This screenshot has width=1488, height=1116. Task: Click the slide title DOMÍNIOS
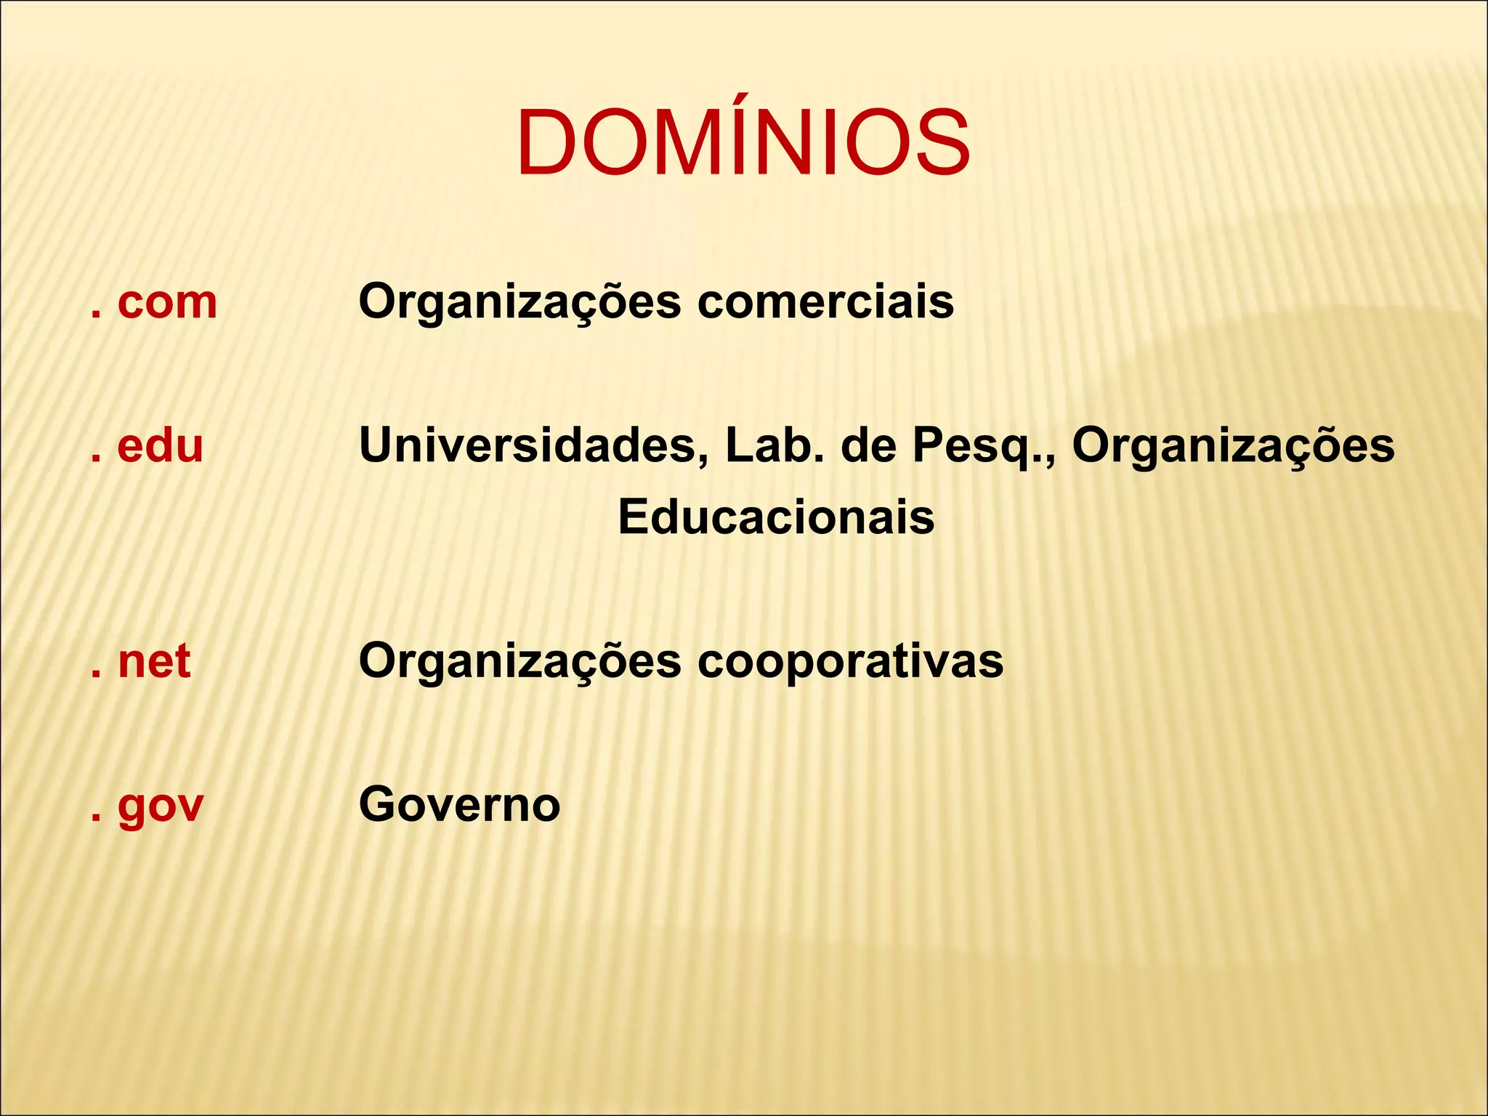point(743,142)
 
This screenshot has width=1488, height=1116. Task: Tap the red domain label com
point(167,302)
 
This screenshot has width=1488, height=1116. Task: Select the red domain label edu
point(160,445)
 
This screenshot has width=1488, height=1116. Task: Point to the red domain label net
point(154,662)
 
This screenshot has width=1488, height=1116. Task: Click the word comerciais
point(825,302)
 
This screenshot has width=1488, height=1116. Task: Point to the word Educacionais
point(776,517)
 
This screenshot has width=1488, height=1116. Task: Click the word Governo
point(459,805)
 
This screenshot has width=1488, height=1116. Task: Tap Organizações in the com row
point(520,302)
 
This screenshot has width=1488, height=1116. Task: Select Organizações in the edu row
point(1233,445)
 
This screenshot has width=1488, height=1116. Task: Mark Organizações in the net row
point(520,662)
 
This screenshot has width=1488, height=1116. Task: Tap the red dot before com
point(95,315)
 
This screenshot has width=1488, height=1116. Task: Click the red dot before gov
point(95,819)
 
